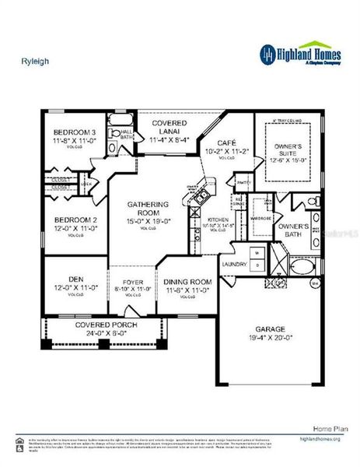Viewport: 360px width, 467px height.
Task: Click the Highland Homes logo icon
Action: [x=267, y=53]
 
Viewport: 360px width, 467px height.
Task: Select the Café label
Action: [x=225, y=143]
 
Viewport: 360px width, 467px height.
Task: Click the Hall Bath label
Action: [x=124, y=135]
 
